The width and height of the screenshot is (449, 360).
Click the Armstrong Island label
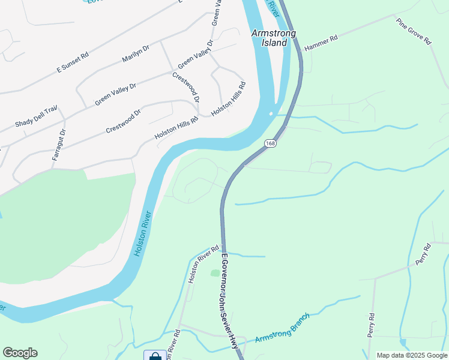[x=273, y=38]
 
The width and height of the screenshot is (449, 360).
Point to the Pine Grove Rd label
[x=414, y=31]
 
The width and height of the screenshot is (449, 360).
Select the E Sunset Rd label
[x=73, y=62]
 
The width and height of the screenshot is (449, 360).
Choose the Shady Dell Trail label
[x=35, y=116]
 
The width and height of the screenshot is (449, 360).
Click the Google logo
[x=20, y=353]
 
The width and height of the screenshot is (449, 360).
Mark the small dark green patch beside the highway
[x=215, y=273]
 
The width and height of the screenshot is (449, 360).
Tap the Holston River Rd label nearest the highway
[x=203, y=264]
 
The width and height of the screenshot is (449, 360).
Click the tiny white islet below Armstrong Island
[x=271, y=113]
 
